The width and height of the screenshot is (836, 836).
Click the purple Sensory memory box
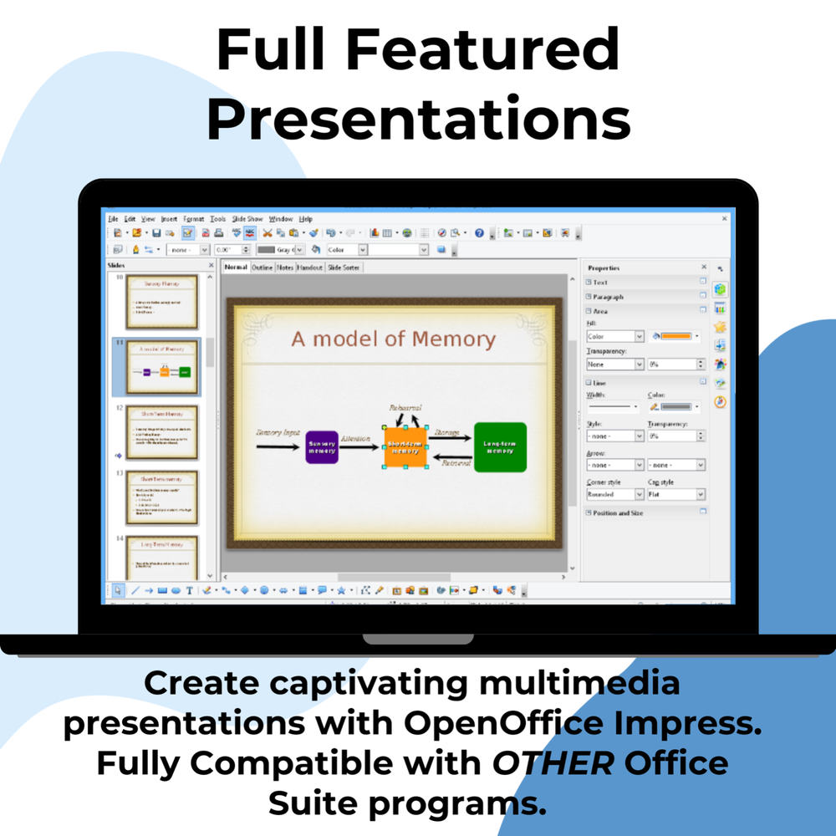click(x=322, y=447)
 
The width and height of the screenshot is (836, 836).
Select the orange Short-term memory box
click(x=405, y=447)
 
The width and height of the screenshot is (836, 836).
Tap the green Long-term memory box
click(x=500, y=447)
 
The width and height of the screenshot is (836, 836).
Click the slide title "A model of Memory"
click(x=393, y=339)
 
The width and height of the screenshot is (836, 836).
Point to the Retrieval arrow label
click(x=456, y=462)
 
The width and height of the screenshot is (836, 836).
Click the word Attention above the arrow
click(x=355, y=438)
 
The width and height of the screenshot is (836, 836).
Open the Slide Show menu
click(x=247, y=219)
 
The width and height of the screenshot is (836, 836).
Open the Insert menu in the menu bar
click(x=169, y=219)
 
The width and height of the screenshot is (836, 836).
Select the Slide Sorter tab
click(x=343, y=268)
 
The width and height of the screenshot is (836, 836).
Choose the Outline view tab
click(x=263, y=268)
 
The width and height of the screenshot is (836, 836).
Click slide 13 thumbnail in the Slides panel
click(x=161, y=497)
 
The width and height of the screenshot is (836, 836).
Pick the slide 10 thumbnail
click(x=161, y=302)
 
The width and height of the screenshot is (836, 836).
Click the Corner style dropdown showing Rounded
click(x=614, y=495)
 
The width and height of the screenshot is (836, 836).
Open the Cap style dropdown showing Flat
click(x=675, y=495)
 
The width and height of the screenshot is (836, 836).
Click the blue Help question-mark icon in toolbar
click(x=479, y=233)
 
